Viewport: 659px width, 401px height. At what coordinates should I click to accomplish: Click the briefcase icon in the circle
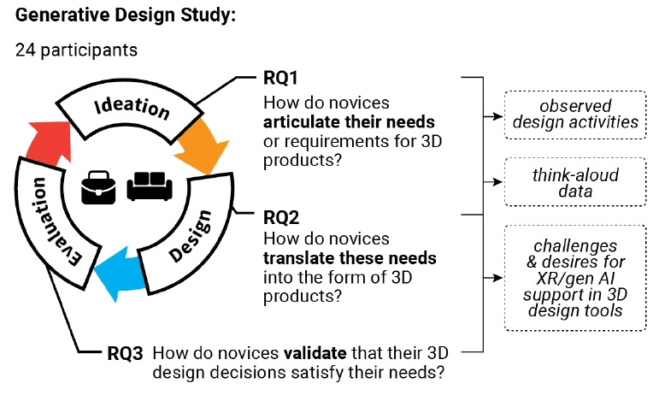tap(98, 187)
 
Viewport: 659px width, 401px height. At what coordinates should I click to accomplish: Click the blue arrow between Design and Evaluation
tap(116, 271)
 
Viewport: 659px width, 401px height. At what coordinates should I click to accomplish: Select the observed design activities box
tap(576, 115)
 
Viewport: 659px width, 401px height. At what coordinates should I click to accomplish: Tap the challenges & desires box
tap(576, 277)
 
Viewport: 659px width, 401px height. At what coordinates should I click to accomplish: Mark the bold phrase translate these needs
tap(350, 257)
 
